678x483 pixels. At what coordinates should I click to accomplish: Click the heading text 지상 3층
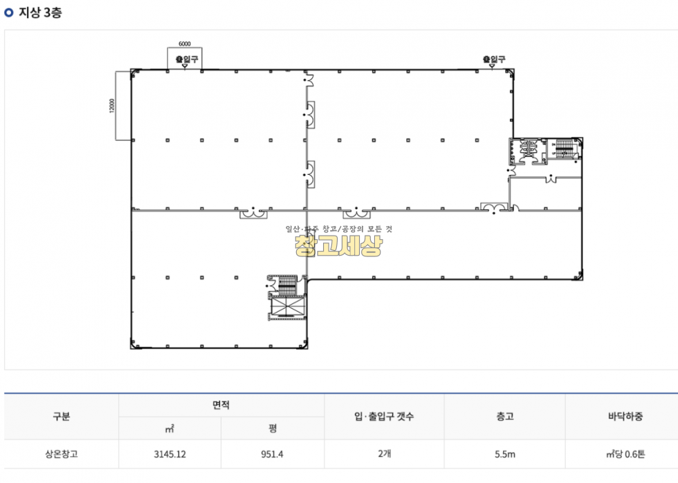[40, 12]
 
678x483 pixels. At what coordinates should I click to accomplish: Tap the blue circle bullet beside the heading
[8, 12]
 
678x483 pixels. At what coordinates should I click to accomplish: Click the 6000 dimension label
[185, 44]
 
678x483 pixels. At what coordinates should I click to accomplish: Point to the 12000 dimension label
[112, 106]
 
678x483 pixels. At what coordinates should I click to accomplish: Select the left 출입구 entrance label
[187, 59]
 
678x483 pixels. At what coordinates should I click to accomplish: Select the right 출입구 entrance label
[494, 59]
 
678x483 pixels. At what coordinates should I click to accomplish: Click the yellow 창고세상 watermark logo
[338, 245]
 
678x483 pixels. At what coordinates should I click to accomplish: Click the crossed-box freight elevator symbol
[287, 307]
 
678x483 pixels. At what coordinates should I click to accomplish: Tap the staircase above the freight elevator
[286, 285]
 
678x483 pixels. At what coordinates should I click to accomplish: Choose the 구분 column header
[62, 417]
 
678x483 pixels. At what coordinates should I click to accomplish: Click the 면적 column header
[221, 405]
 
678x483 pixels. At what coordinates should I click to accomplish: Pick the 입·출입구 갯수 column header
[384, 417]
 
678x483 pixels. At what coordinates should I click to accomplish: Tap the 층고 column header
[504, 417]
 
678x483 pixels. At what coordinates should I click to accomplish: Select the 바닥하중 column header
[625, 417]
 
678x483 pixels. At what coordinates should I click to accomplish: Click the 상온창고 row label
[62, 454]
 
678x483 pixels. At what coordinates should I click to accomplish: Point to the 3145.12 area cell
[170, 454]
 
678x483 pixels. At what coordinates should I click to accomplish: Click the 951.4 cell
[273, 454]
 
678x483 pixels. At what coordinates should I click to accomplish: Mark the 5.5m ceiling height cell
[505, 454]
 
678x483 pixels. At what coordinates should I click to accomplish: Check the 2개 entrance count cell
[385, 453]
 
